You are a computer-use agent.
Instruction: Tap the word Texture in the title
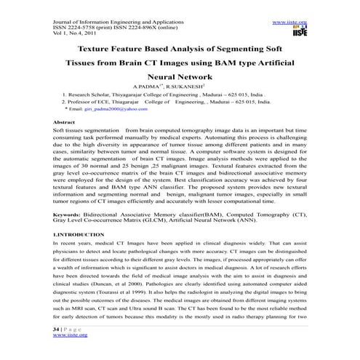pos(100,48)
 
